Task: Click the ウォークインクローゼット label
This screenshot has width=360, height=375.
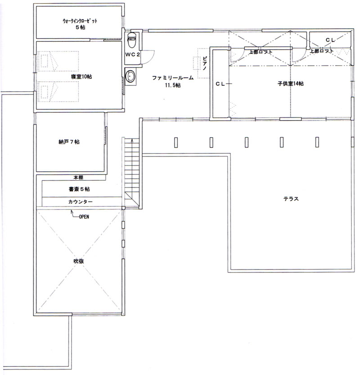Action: [x=80, y=21]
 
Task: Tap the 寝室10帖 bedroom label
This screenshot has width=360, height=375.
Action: [x=81, y=76]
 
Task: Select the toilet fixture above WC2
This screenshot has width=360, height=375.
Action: [x=132, y=40]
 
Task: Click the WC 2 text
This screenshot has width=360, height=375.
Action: [x=133, y=54]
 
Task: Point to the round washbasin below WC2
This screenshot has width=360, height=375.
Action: [x=130, y=76]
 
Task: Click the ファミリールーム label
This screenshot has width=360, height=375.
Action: [x=173, y=78]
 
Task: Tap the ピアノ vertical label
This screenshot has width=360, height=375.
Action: [x=205, y=63]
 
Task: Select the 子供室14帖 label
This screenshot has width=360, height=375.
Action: [x=291, y=84]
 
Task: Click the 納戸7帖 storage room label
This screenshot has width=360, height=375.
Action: [x=69, y=142]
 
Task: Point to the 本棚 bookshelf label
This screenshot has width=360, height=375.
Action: [x=78, y=178]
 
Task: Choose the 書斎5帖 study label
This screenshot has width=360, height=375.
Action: [x=79, y=189]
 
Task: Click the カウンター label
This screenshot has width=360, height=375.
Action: [x=81, y=202]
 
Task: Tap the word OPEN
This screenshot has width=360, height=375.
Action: [x=84, y=217]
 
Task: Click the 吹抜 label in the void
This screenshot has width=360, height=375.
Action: [x=78, y=261]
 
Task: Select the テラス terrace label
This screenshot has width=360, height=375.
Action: [x=291, y=199]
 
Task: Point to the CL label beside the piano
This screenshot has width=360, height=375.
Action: [x=220, y=84]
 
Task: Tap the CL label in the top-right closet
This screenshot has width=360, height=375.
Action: [x=330, y=40]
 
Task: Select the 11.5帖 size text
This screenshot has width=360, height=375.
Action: [x=173, y=85]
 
